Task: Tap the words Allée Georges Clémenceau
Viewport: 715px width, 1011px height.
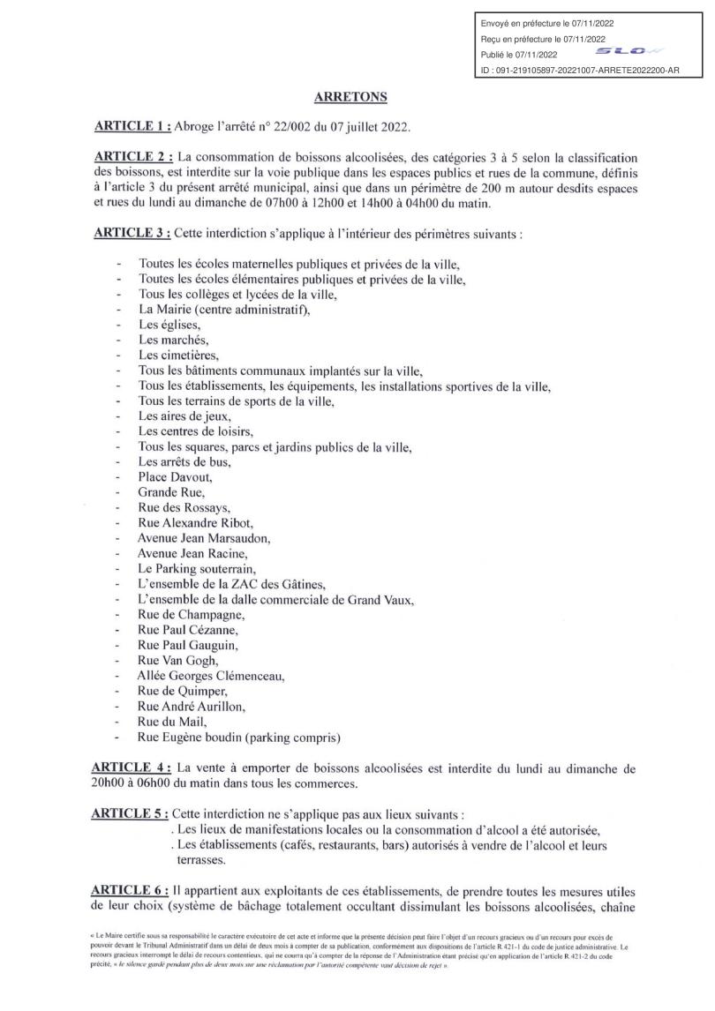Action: coord(211,676)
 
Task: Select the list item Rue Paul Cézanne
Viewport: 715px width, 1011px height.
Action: coord(188,630)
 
